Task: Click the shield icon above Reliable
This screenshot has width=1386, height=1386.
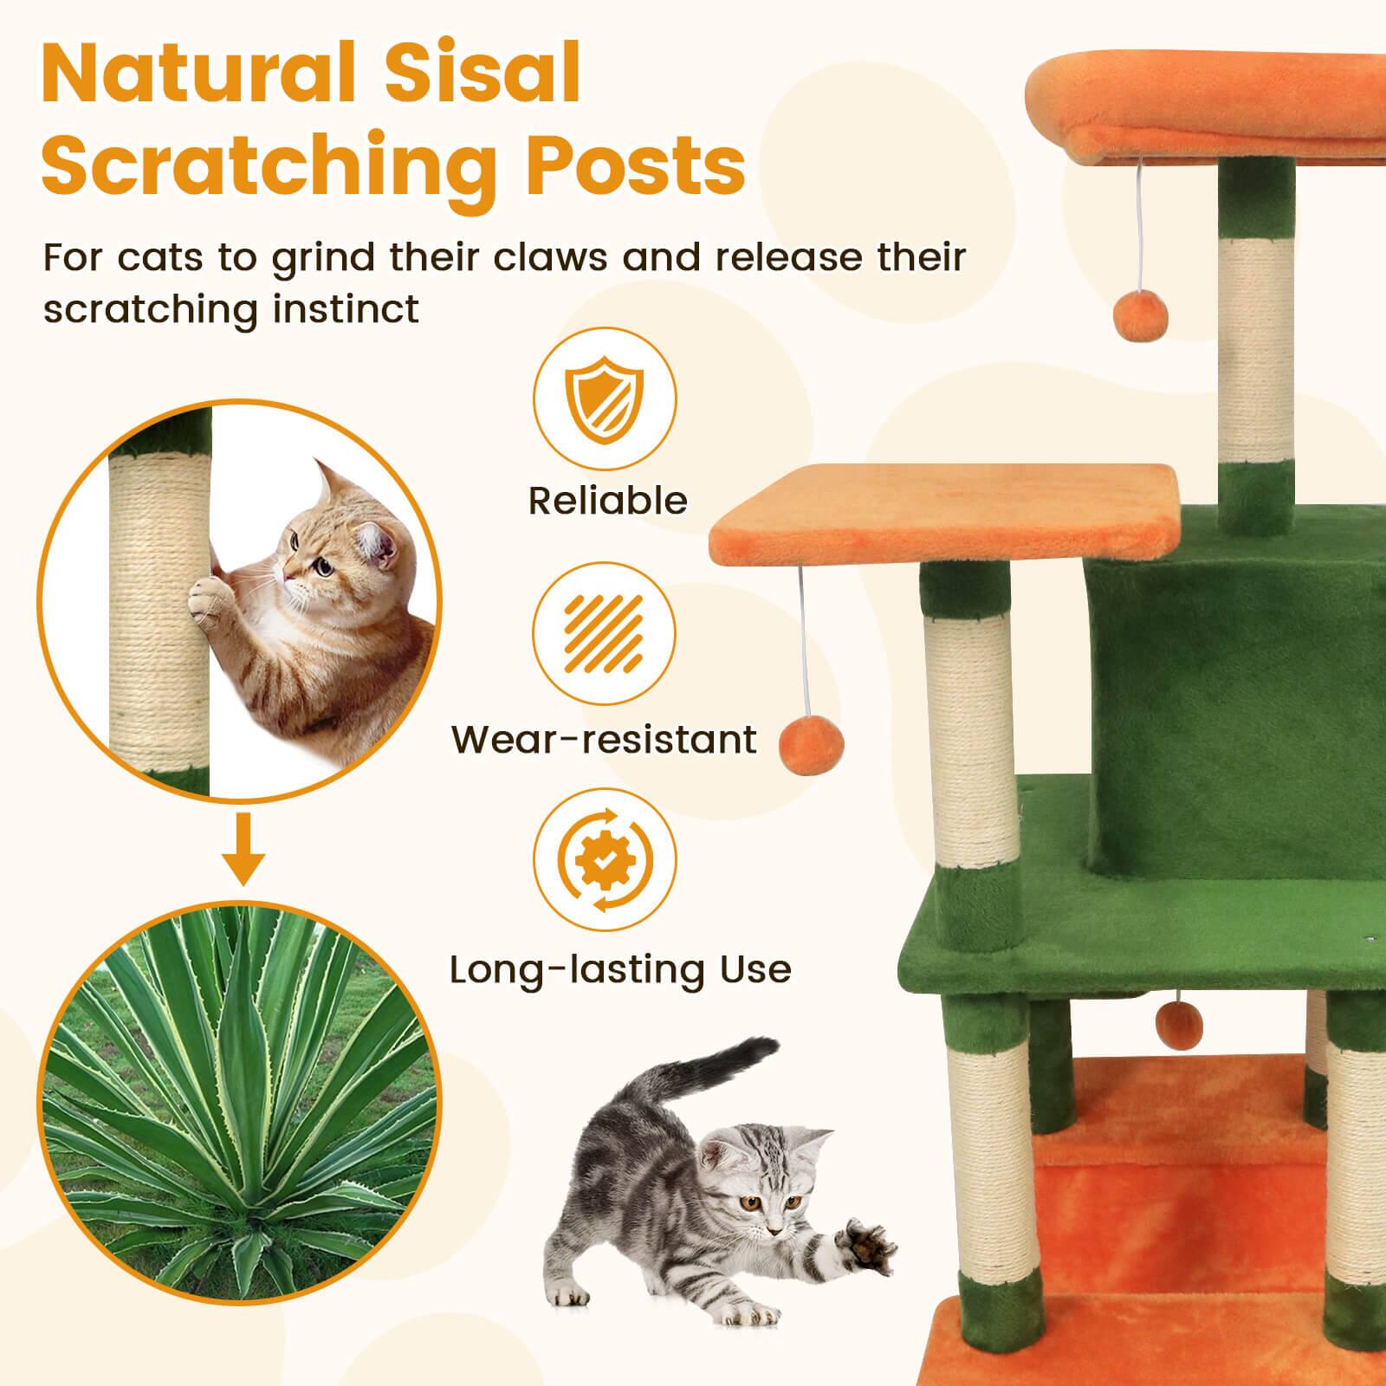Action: point(604,399)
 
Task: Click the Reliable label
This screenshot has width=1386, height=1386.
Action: point(607,501)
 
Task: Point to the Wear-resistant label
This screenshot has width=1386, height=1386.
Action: point(604,740)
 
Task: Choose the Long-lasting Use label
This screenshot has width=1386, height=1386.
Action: point(620,969)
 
